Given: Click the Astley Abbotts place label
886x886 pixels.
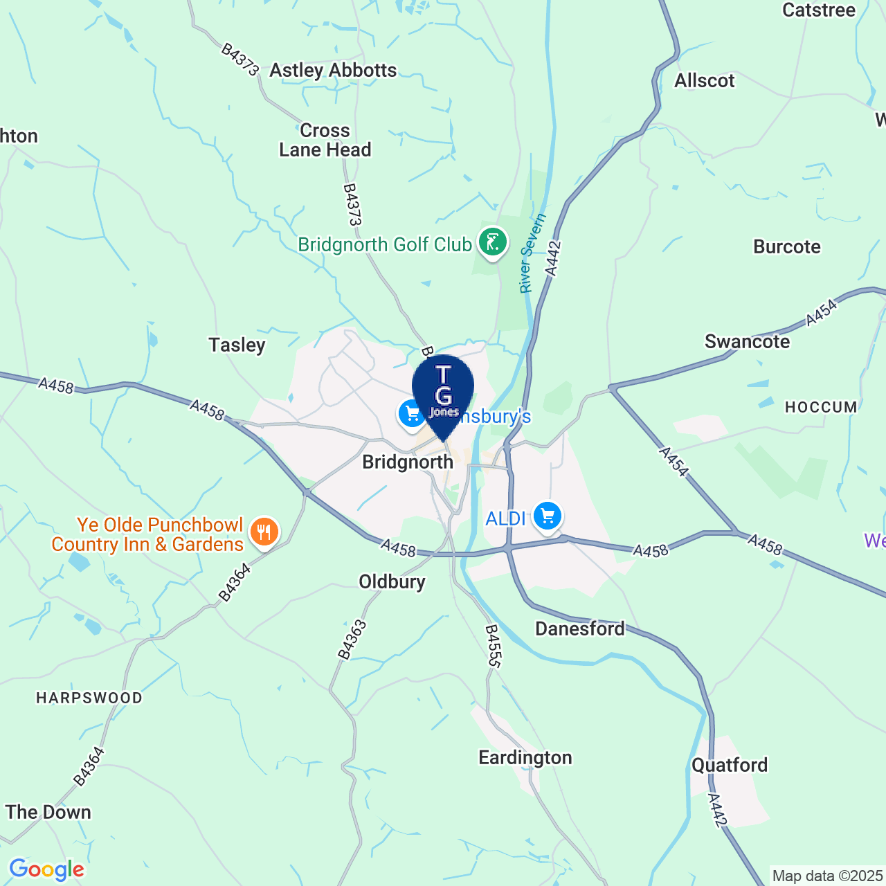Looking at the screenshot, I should point(333,71).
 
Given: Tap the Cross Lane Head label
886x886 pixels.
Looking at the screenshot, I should point(325,141).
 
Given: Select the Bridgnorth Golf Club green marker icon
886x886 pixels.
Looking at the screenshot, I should point(492,243).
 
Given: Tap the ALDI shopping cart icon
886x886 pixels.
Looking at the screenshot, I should point(548,516).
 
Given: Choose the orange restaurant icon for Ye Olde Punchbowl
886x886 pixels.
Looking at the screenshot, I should point(264,532).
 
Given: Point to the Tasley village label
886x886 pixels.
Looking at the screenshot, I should point(237,345).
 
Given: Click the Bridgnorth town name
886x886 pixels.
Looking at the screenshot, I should point(408,462).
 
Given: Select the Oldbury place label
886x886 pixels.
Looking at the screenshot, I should point(392,581).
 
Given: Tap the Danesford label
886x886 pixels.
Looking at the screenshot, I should point(580,629).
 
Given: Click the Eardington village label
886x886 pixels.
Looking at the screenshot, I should point(525,757).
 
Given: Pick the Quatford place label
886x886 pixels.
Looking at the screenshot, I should point(730,765).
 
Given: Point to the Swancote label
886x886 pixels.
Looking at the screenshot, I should point(747,341).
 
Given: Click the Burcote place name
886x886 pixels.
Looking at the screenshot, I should point(787,247).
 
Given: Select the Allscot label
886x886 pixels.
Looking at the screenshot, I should point(705,81).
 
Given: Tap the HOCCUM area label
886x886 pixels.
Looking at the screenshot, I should point(821,407).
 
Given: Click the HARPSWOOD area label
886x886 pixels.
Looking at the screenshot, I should point(89,698).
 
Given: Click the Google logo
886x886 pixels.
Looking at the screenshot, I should point(46,869).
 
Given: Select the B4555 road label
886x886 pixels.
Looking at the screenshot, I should point(492,646).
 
